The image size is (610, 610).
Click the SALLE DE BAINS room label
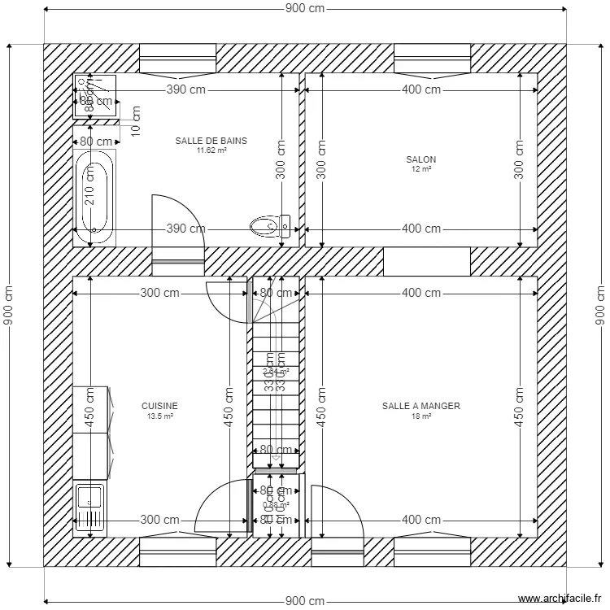[x=211, y=141]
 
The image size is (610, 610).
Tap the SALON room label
[x=421, y=159]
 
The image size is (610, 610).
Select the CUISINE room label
[x=159, y=406]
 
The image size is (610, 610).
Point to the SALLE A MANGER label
[x=421, y=406]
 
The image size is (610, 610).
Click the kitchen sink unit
[x=89, y=508]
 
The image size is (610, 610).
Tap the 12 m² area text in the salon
[x=421, y=169]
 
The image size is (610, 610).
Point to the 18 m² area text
[x=421, y=416]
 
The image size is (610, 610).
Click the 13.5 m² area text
[x=159, y=416]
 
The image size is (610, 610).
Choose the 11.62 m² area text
[x=211, y=150]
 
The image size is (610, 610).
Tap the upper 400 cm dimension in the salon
[x=421, y=89]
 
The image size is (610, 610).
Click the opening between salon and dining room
[x=426, y=261]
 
